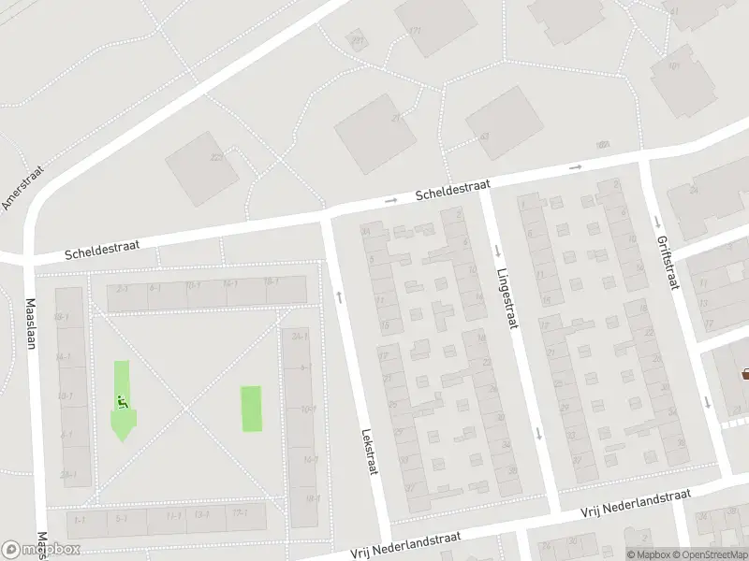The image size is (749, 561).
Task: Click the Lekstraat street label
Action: [369, 452]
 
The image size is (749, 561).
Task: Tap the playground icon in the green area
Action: [122, 402]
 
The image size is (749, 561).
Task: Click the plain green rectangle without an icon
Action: [252, 409]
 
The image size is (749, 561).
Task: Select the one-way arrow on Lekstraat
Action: [339, 296]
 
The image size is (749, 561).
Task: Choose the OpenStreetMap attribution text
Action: [711, 554]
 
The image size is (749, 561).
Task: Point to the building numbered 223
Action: [216, 158]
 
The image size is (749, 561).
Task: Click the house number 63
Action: [484, 137]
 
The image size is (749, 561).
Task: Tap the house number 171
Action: [415, 32]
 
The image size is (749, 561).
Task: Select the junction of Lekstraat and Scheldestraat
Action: [327, 216]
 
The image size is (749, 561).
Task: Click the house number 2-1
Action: [122, 289]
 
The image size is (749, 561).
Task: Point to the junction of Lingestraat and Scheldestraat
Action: [485, 186]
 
